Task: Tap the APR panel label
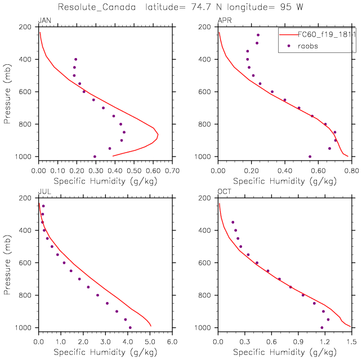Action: pos(224,21)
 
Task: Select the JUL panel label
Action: pos(43,192)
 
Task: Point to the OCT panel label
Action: pos(224,192)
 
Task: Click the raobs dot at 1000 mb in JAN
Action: pos(95,157)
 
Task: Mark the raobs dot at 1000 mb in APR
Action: pos(310,157)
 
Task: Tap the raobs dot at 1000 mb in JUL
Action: pos(130,327)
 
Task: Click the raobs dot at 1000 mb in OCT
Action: pos(322,327)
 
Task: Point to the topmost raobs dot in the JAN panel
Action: pos(75,59)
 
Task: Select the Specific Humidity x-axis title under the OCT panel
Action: pos(285,353)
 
